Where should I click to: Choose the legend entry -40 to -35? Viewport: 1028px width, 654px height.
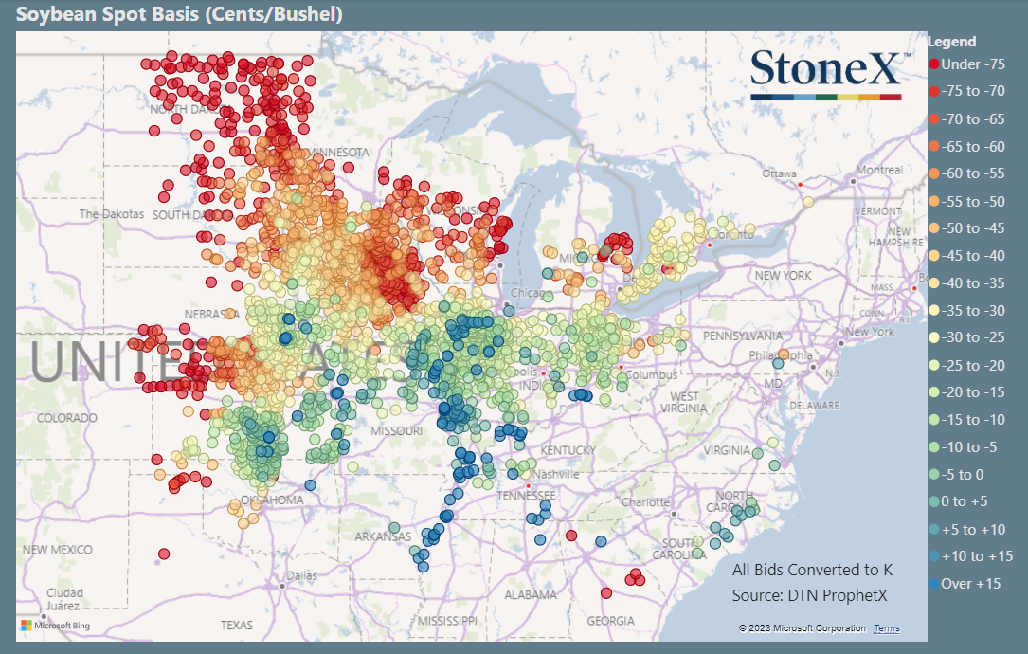971,283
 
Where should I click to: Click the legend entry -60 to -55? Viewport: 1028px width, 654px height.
971,174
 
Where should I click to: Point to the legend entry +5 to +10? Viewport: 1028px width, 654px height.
971,529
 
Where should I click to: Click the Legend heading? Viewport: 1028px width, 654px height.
951,42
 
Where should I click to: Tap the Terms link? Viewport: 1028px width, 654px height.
887,628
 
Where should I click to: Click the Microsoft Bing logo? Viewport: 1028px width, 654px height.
56,626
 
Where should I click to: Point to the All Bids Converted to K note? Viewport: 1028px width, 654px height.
812,570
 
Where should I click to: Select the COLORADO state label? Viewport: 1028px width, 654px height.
67,418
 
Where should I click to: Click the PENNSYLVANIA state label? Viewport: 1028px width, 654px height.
742,336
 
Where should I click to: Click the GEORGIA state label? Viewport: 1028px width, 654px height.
610,621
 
